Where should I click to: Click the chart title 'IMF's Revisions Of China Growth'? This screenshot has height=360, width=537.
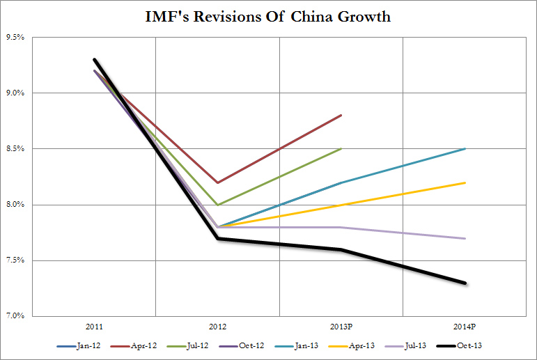(268, 17)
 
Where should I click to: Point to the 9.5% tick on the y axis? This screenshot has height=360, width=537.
(16, 37)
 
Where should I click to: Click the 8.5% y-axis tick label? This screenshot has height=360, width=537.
(16, 149)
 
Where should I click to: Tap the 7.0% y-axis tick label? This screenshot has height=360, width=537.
(16, 317)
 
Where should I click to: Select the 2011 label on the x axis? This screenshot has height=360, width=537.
(94, 325)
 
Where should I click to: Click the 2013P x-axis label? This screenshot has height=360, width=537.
(341, 325)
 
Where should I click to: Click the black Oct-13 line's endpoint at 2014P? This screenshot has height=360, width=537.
(465, 283)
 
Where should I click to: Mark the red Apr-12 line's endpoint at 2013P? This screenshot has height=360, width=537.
(341, 115)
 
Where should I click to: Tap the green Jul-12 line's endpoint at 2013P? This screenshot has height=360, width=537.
(341, 148)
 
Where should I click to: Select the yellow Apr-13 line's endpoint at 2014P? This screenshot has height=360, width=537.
(465, 182)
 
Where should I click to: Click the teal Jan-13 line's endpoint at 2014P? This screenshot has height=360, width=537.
(465, 148)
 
